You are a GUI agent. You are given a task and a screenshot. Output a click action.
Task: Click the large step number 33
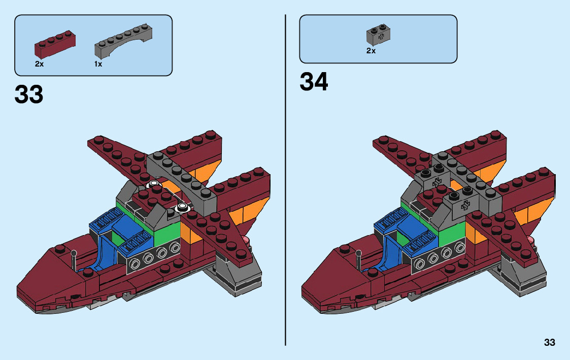tap(29, 95)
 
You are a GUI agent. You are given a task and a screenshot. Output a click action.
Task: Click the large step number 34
tap(314, 82)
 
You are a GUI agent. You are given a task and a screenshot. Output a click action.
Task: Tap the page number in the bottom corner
tap(549, 343)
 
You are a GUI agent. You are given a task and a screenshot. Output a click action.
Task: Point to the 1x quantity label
tap(98, 64)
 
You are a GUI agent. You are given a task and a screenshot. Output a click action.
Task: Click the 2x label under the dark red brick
tap(39, 64)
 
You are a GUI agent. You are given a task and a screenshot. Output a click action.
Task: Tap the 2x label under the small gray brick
tap(371, 51)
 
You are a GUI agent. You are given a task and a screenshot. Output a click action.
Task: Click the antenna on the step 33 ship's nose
tap(74, 259)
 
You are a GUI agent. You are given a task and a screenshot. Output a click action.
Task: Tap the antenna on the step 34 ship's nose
tap(358, 259)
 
